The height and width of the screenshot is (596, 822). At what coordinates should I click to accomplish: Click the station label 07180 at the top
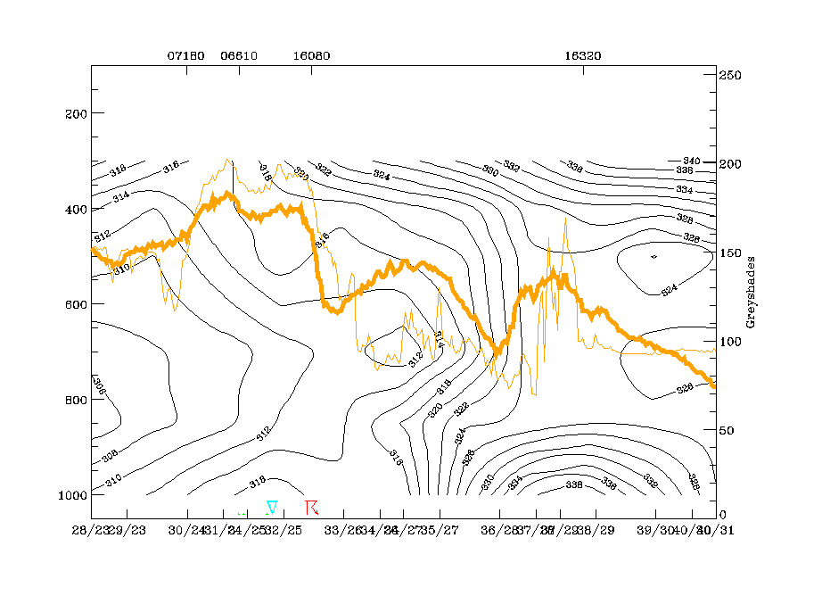pos(186,55)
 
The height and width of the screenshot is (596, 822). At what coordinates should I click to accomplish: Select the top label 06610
pos(239,55)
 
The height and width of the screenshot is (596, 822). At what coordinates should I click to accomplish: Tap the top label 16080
pos(311,55)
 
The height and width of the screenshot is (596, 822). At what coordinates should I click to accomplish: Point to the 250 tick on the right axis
pos(733,76)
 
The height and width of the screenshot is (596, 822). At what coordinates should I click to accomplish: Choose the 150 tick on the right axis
pos(733,253)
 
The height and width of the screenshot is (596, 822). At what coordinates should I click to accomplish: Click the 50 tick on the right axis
pos(730,431)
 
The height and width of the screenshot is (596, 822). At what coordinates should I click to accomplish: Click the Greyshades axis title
pos(751,293)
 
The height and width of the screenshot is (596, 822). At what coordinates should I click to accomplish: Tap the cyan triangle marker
pos(272,507)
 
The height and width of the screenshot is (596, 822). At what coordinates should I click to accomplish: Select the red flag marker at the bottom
pos(311,507)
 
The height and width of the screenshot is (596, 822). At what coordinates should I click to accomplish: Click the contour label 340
pos(684,161)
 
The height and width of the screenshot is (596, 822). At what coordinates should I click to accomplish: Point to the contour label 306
pos(100,390)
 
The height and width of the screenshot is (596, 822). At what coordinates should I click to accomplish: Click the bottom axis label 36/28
pos(498,530)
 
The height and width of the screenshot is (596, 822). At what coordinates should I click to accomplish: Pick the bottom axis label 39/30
pos(655,530)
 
